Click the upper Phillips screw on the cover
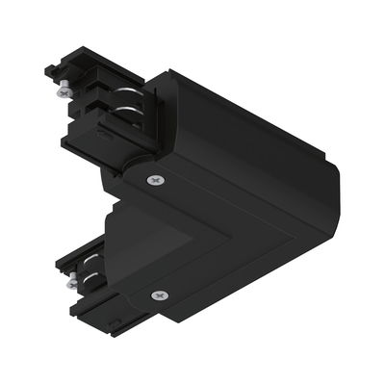point(155,181)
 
